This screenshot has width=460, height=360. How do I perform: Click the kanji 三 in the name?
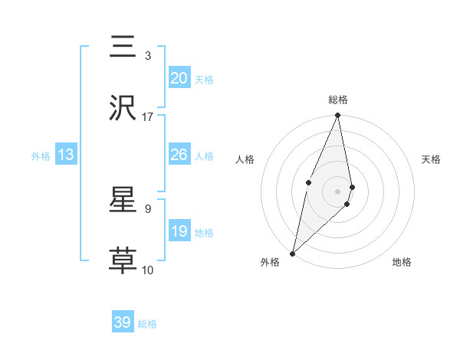tap(123, 47)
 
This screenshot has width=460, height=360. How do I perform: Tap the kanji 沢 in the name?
tap(123, 108)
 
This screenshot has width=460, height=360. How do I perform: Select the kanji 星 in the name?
tap(123, 200)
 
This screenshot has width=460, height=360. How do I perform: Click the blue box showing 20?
tap(179, 78)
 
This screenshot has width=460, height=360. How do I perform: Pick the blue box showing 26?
tap(179, 155)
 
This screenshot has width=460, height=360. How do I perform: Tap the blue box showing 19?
tap(179, 231)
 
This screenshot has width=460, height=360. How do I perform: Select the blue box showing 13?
tap(66, 155)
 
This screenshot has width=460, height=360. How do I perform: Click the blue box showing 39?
tap(123, 322)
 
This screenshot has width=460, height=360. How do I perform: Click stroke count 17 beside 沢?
tap(148, 116)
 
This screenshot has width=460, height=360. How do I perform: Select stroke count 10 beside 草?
tap(148, 270)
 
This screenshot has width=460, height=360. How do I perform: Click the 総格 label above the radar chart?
tap(338, 100)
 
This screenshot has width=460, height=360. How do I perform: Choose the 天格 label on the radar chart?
tap(431, 159)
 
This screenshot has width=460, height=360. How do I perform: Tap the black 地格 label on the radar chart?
tap(402, 263)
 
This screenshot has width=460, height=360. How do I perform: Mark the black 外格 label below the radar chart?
tap(270, 263)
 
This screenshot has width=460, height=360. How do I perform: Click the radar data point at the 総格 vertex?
tap(338, 116)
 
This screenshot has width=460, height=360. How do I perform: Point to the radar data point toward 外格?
tap(292, 253)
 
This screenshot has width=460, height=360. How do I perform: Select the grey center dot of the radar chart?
tap(338, 191)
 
